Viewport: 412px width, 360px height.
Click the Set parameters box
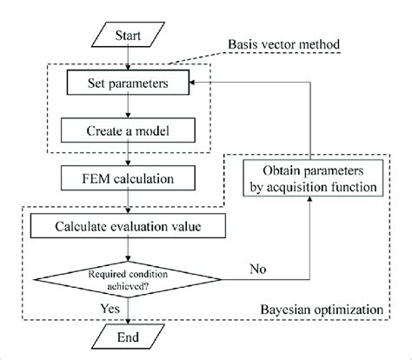[x=129, y=84]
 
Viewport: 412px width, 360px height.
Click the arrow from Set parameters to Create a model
[x=129, y=108]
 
